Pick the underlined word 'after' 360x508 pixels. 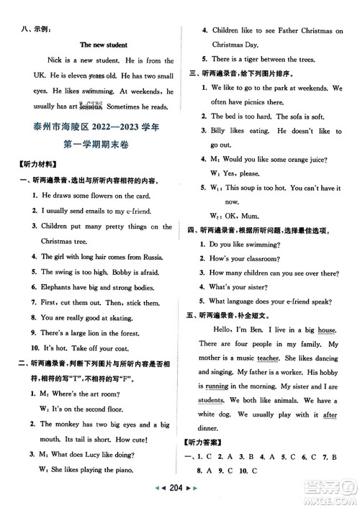pyautogui.click(x=330, y=435)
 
